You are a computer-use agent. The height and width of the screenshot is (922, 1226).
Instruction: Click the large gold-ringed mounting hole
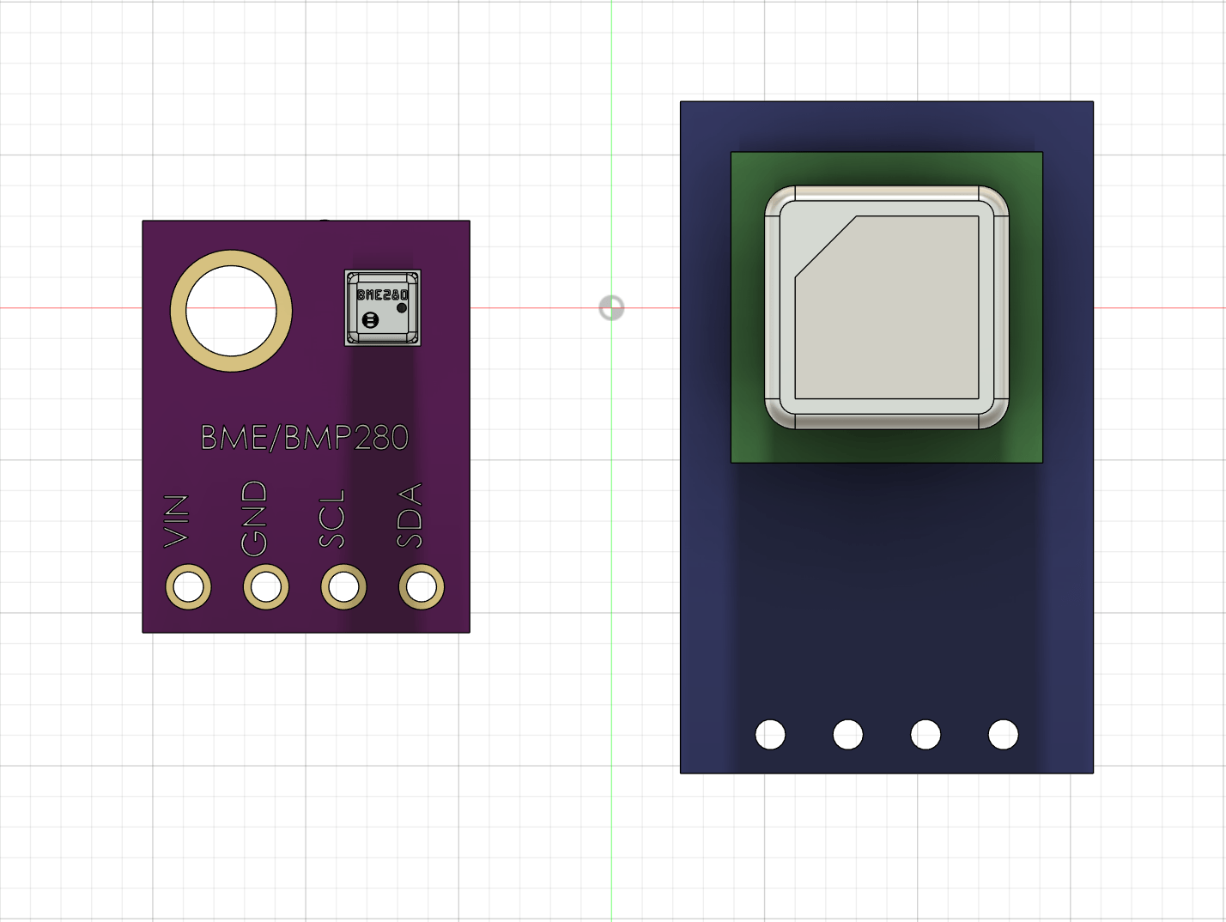tap(231, 311)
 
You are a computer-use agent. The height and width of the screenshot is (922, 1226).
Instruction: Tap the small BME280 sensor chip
tap(383, 308)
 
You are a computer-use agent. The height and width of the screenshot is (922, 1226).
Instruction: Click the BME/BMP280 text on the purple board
tap(305, 438)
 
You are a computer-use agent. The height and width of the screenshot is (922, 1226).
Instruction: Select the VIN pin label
tap(176, 520)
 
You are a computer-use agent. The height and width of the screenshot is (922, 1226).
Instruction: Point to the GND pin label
tap(254, 518)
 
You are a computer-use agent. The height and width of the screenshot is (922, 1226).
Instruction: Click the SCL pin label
tap(331, 519)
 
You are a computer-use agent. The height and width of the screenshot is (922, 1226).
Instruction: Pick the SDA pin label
tap(410, 515)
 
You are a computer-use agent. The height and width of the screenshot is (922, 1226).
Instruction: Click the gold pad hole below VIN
tap(188, 587)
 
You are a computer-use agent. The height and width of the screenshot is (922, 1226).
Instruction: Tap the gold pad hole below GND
tap(266, 587)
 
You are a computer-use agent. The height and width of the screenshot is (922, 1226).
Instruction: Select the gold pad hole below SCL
tap(343, 587)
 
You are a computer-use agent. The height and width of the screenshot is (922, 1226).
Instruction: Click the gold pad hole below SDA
tap(422, 587)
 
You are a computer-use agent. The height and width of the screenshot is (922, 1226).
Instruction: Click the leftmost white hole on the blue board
tap(770, 735)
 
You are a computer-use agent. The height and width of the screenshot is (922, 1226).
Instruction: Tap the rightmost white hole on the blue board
tap(1003, 735)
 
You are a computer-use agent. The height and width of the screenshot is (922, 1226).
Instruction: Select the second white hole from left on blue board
tap(847, 735)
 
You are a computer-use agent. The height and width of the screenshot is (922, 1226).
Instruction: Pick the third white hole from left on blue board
tap(926, 735)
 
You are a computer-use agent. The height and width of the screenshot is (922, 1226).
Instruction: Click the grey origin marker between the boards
tap(611, 307)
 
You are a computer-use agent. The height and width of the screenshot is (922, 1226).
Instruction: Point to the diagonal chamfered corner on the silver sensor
tap(825, 247)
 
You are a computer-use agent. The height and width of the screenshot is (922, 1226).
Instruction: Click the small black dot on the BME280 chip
tap(402, 307)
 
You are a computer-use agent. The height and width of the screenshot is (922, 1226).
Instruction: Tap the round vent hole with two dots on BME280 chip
tap(370, 320)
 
